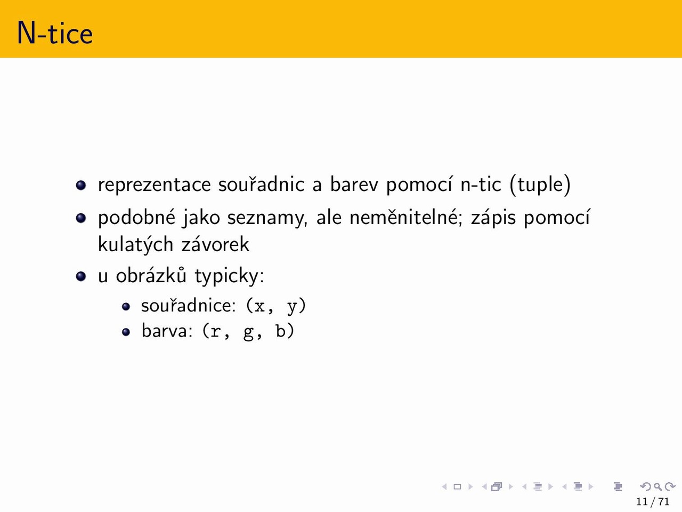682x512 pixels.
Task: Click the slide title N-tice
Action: (55, 33)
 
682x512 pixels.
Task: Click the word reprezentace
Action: (155, 185)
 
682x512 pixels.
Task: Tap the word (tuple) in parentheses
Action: (540, 185)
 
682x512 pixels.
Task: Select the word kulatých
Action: (135, 245)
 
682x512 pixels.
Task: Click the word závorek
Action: (215, 244)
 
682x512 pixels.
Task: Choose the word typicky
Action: (229, 276)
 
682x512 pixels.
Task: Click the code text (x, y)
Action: (276, 306)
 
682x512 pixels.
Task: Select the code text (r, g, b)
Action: (248, 331)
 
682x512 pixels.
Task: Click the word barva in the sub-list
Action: (167, 331)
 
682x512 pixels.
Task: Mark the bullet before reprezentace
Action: (81, 185)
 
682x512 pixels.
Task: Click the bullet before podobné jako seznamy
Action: (81, 218)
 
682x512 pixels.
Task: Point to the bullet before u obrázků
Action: (81, 276)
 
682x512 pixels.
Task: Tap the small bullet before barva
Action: (126, 332)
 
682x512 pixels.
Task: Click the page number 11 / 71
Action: (653, 502)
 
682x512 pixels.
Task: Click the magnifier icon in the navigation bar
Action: (658, 486)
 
